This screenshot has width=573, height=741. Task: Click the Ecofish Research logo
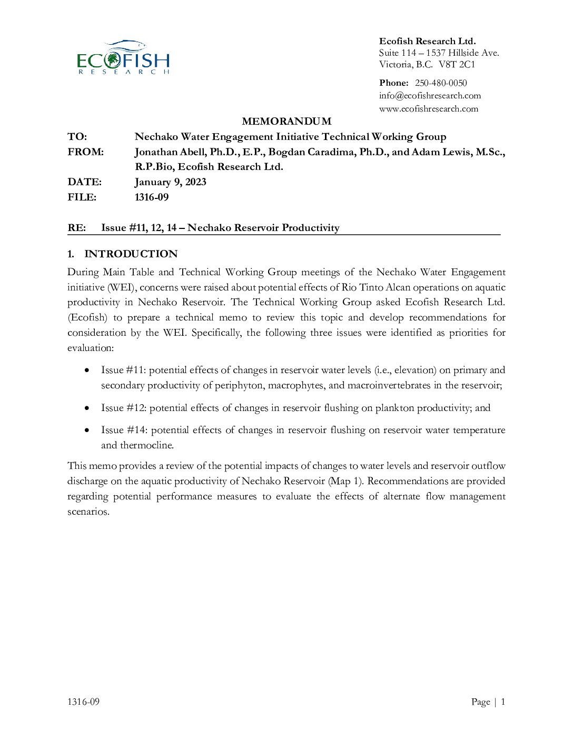coord(123,57)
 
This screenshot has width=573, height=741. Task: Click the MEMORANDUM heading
coord(286,122)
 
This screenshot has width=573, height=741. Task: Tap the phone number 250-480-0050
coord(441,83)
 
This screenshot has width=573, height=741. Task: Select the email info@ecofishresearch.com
coord(430,96)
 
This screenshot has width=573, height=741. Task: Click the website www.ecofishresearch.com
coord(428,109)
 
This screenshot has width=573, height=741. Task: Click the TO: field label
coord(77,137)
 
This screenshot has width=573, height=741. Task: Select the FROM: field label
coord(85,152)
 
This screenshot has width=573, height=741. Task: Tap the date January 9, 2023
coord(170,182)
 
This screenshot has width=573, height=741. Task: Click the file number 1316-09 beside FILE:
coord(152,197)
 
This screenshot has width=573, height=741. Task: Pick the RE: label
coord(76,228)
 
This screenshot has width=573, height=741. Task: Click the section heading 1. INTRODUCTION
coord(123,254)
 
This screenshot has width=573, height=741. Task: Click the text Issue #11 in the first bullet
coord(123,370)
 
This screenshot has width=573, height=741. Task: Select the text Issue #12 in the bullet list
coord(123,408)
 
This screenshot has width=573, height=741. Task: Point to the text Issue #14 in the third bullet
coord(124,430)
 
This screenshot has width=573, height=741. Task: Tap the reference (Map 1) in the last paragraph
coord(345,481)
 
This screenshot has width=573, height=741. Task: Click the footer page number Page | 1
coord(488,702)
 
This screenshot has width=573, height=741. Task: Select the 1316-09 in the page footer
coord(83,702)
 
